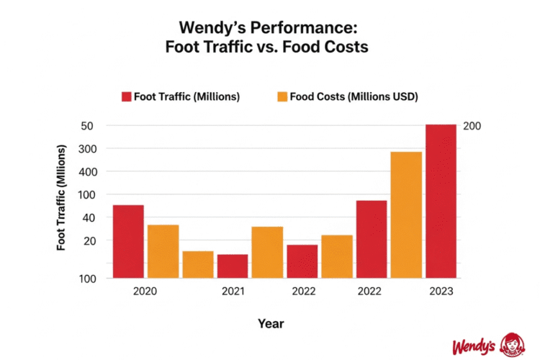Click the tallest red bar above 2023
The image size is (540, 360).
click(x=441, y=201)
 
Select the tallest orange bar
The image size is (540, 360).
click(x=406, y=215)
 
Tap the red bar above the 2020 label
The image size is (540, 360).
click(x=128, y=241)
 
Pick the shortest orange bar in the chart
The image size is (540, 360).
click(x=198, y=264)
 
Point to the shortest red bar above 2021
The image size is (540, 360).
click(x=233, y=266)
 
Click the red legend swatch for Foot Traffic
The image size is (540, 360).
click(x=126, y=96)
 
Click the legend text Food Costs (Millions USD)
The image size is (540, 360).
click(x=354, y=96)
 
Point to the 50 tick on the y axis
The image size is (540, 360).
click(x=88, y=126)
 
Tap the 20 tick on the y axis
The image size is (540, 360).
click(x=88, y=240)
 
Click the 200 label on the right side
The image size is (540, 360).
click(x=472, y=126)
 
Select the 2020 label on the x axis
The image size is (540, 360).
click(x=146, y=292)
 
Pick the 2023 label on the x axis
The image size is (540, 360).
click(x=441, y=292)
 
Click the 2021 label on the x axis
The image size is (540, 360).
click(x=233, y=292)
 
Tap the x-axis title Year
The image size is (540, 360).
click(x=271, y=324)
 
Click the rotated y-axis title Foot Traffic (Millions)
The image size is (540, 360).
click(x=62, y=197)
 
